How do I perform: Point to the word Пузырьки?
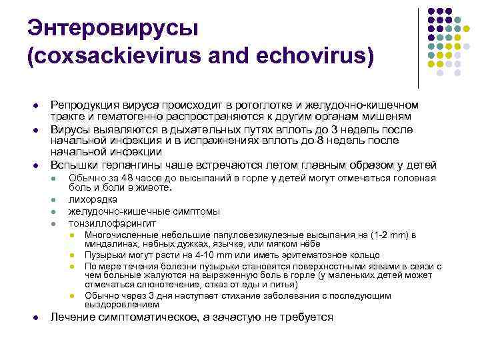107,255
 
